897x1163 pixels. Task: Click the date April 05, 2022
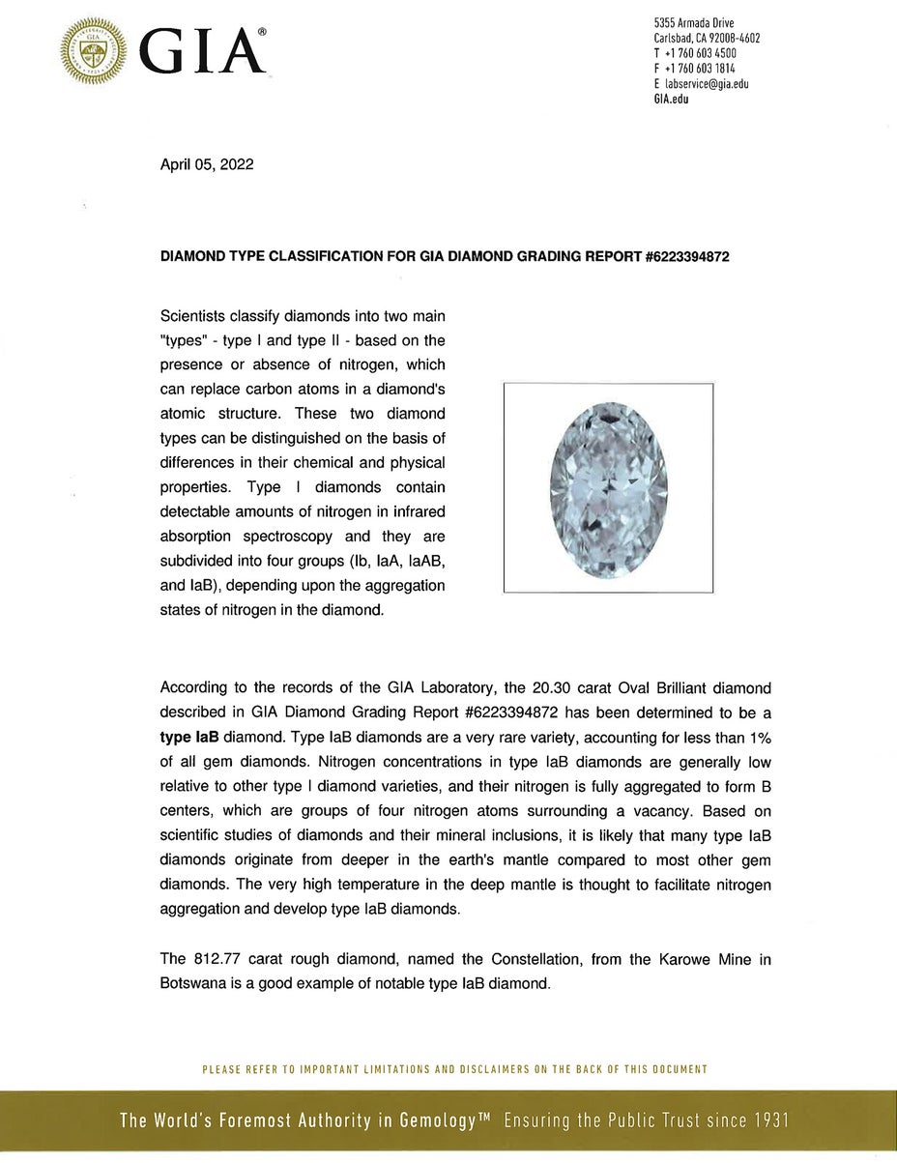tap(206, 164)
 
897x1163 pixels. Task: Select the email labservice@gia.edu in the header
tap(707, 84)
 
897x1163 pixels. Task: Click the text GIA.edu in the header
tap(672, 100)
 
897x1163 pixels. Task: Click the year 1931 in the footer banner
tap(768, 1121)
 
